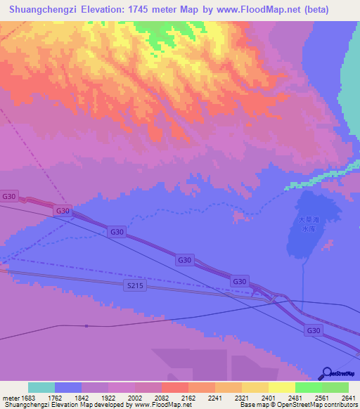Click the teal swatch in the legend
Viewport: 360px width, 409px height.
[x=41, y=388]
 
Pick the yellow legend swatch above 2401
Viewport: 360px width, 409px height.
[x=255, y=388]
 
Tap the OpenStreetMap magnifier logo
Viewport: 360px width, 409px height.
[x=326, y=372]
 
